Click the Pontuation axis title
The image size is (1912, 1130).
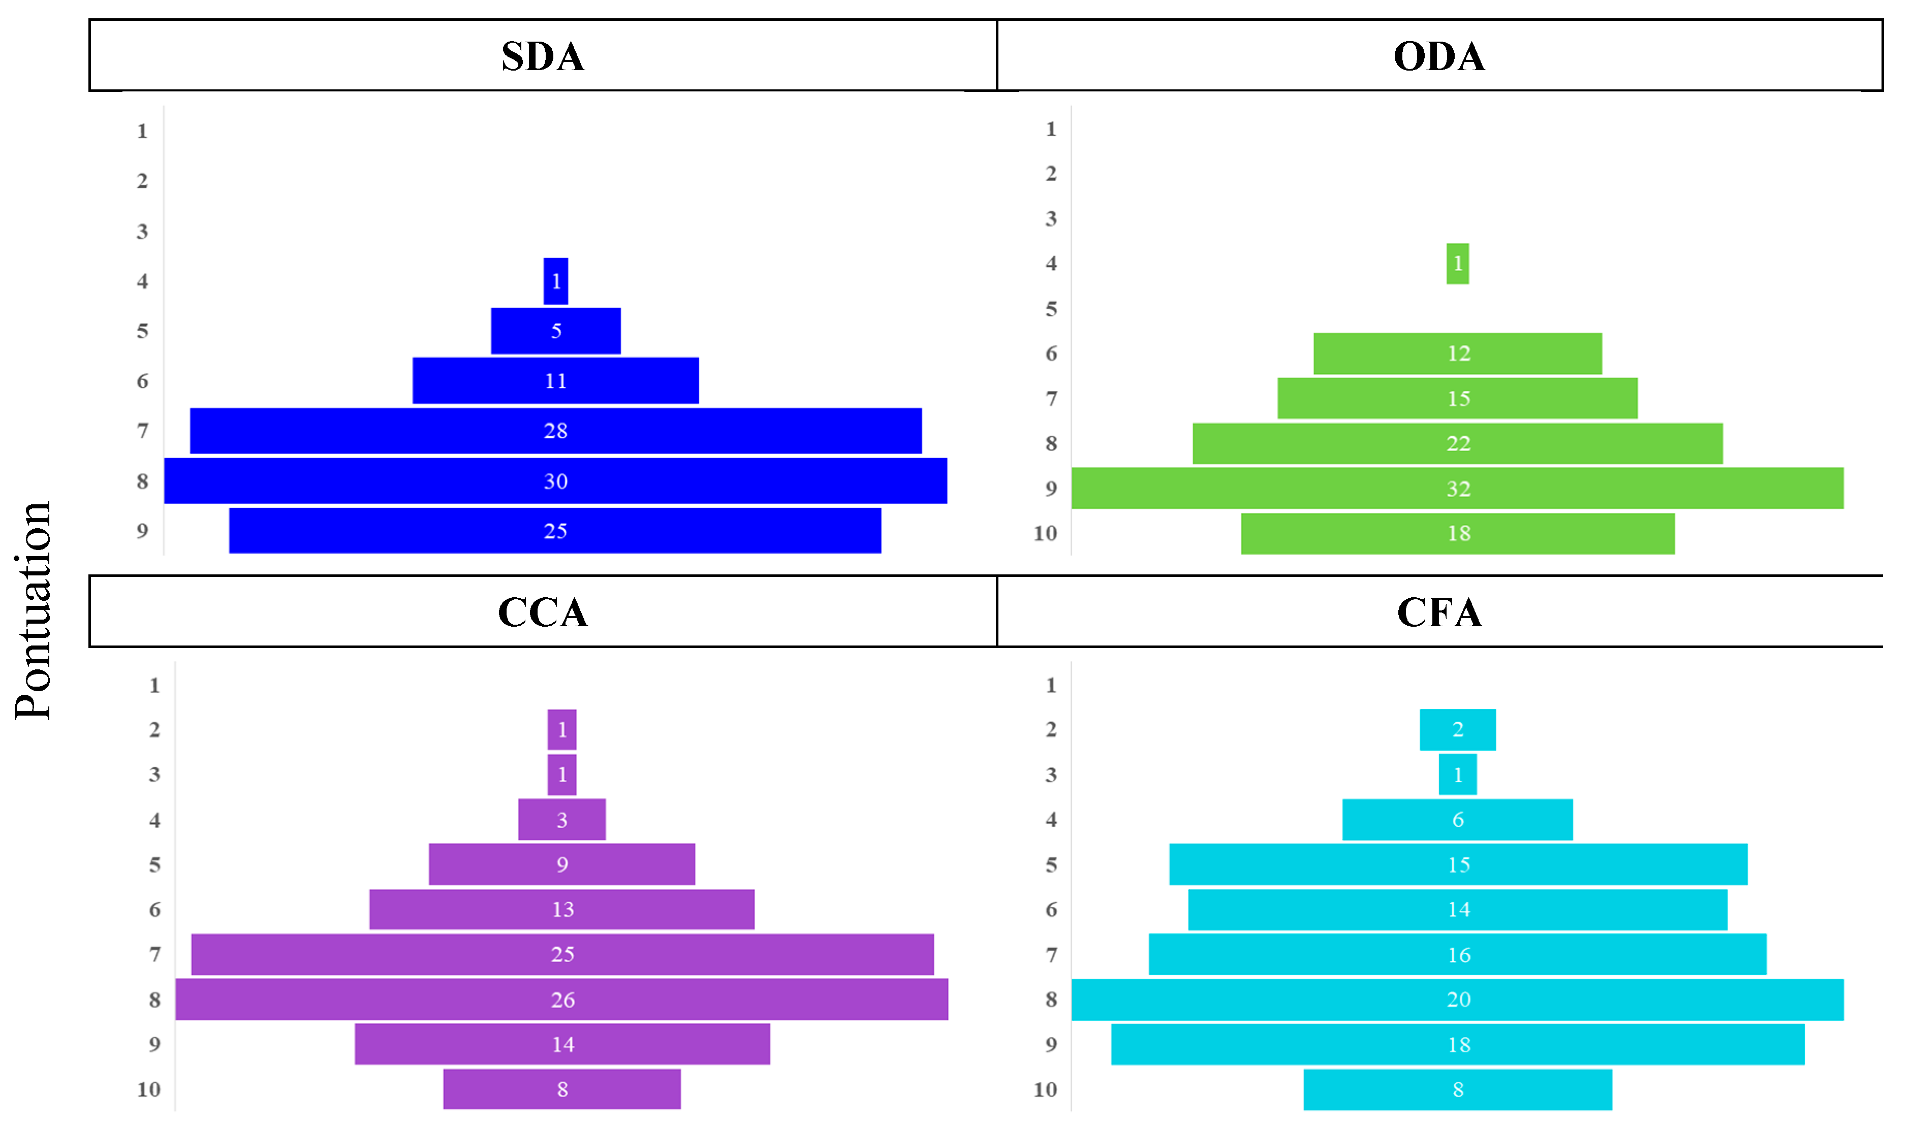click(x=34, y=609)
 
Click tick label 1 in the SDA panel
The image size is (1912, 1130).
click(x=142, y=131)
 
